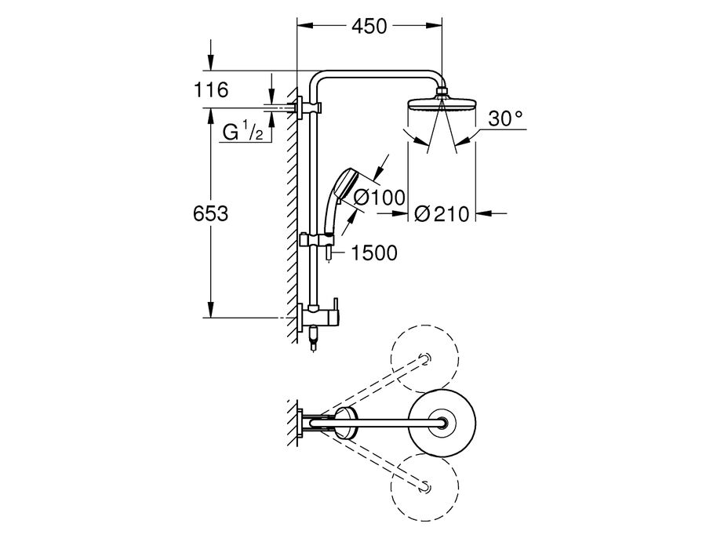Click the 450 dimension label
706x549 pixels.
point(369,26)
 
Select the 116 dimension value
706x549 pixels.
point(211,89)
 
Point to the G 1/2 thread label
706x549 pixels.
point(242,132)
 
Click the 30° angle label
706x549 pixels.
point(506,118)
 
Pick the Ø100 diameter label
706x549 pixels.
point(380,197)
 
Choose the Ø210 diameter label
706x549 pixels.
point(442,214)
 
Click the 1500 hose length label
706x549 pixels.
point(373,253)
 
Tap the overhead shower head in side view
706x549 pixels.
point(441,103)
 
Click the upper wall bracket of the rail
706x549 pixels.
point(309,108)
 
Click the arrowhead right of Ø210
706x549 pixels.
point(483,213)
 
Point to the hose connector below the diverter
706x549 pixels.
point(314,341)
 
